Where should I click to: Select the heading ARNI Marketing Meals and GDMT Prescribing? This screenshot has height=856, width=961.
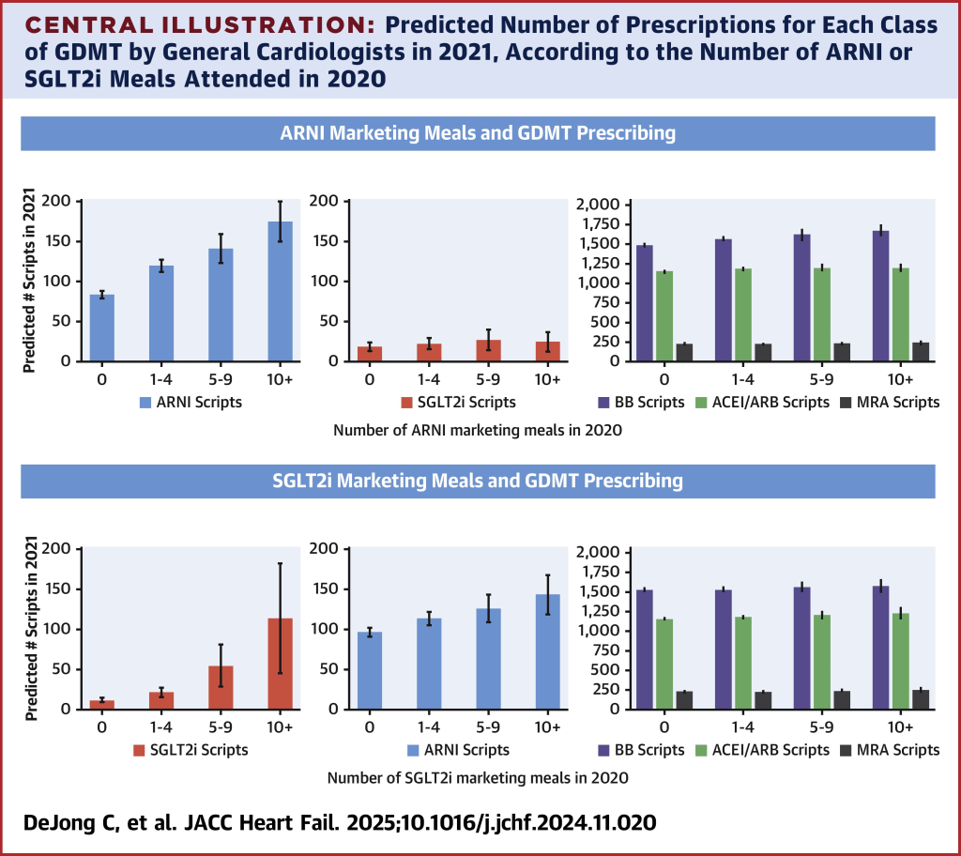478,133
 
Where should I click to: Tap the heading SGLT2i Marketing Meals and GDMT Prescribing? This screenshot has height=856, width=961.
478,481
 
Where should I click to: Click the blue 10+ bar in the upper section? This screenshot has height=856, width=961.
280,292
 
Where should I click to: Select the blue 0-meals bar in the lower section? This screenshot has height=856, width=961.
370,670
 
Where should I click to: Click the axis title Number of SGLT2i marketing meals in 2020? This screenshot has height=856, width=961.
478,778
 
